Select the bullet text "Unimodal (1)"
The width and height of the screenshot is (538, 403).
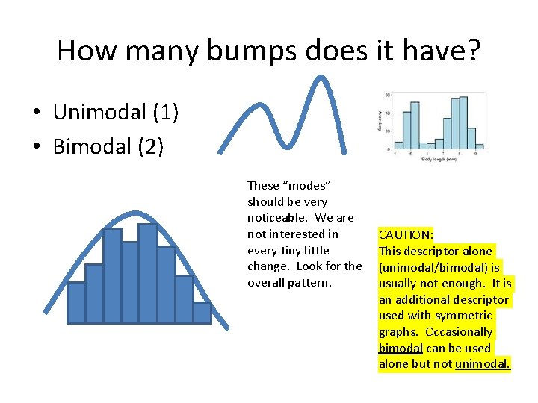tap(115, 112)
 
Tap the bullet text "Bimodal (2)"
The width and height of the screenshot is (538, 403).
tap(108, 146)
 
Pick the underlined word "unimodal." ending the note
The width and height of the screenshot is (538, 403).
tap(482, 364)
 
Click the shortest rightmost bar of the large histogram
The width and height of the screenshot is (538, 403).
tap(202, 313)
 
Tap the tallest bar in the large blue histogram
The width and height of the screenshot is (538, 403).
tap(148, 273)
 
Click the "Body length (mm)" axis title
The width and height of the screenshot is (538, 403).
tap(439, 158)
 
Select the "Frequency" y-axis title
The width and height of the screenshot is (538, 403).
tap(380, 122)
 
